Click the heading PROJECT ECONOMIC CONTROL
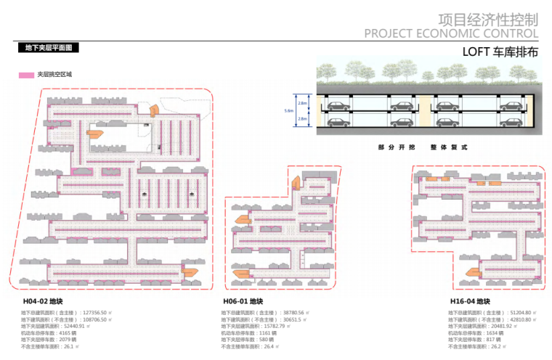[451, 33]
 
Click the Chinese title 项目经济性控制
[488, 19]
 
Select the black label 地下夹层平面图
[48, 48]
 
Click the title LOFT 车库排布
[500, 53]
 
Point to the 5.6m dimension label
[288, 111]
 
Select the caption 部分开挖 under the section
[393, 147]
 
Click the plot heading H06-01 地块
[242, 301]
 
